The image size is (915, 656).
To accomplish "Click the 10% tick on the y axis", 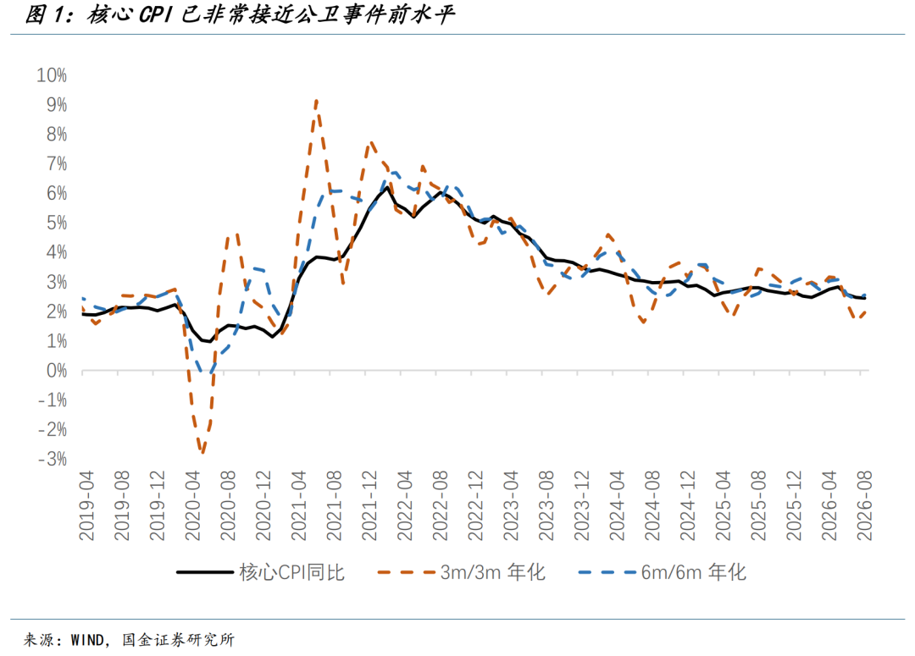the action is (52, 75).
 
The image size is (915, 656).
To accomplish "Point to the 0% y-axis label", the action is (57, 371).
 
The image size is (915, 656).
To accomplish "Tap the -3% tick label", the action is (53, 460).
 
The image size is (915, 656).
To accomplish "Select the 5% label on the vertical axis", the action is (57, 223).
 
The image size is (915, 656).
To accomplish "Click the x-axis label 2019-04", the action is (86, 506).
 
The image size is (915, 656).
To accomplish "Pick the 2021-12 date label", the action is (369, 506).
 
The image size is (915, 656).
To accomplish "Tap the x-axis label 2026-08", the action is (864, 506).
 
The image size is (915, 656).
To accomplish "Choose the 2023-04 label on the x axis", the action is (511, 506).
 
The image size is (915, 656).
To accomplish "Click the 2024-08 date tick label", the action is (652, 506).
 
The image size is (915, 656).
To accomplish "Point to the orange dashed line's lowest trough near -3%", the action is (202, 451).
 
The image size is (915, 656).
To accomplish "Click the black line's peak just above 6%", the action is (386, 187).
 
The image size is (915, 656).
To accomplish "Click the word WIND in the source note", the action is (87, 640).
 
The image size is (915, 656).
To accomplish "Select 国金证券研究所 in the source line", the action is (178, 640).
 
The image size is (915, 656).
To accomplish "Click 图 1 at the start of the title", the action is (44, 15).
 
